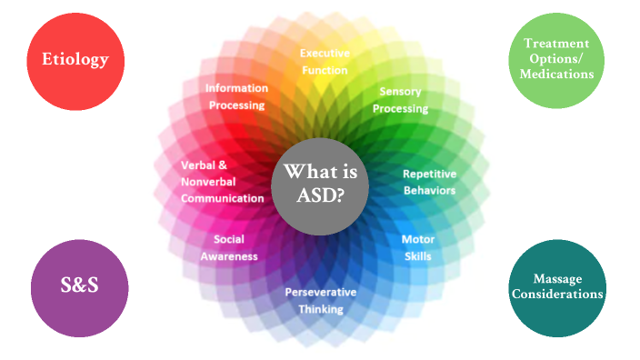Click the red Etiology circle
[x=75, y=60]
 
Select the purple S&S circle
[x=75, y=285]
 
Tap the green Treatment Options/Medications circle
[x=555, y=59]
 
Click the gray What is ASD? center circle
[x=320, y=182]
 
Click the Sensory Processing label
[x=403, y=100]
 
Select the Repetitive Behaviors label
[x=429, y=182]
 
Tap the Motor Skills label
[x=417, y=247]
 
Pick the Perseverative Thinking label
[x=320, y=300]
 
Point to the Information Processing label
[x=235, y=96]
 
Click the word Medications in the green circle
[x=555, y=75]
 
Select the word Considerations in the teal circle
[x=556, y=294]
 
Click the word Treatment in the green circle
[x=555, y=44]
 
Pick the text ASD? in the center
[x=320, y=193]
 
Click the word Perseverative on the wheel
[x=320, y=292]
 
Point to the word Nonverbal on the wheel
[x=207, y=181]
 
